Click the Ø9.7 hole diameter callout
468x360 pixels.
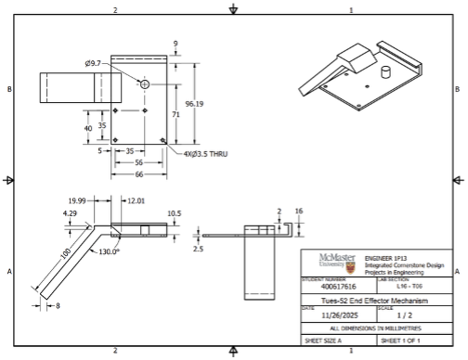coord(94,63)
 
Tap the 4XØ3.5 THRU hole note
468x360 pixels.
coord(205,154)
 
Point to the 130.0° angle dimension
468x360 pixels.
coord(110,251)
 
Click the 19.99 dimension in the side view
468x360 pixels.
coord(76,200)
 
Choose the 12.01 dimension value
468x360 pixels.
coord(136,200)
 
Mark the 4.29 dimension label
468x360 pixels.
coord(71,213)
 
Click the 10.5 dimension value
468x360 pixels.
coord(174,212)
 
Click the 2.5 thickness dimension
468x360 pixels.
coord(198,249)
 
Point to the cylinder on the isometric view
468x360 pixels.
coord(384,72)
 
